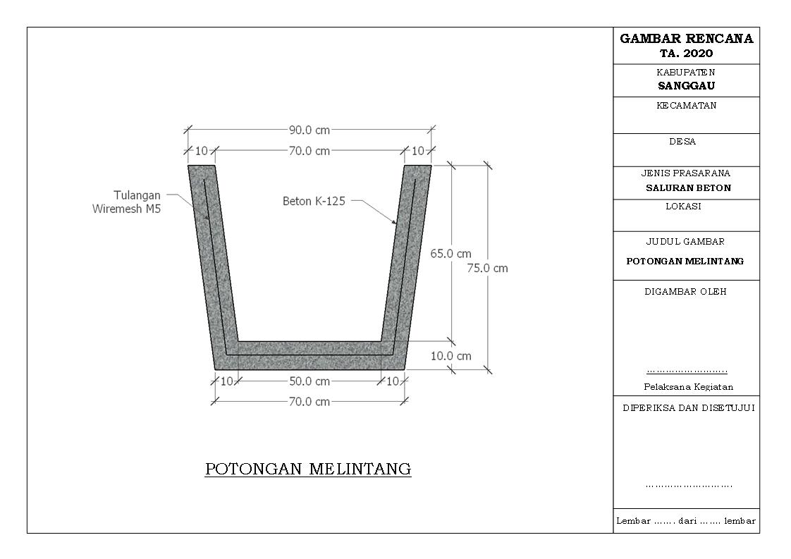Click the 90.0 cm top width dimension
click(x=309, y=130)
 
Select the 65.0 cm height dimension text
click(x=451, y=254)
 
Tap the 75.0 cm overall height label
click(x=487, y=268)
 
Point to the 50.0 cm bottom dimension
click(x=309, y=381)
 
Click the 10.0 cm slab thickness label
click(x=451, y=356)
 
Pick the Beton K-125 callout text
click(x=314, y=201)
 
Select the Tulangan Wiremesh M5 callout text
click(x=127, y=202)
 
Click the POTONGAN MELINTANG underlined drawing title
click(x=308, y=469)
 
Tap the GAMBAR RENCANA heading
click(x=686, y=39)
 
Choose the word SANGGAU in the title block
click(x=686, y=86)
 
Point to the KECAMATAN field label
click(x=686, y=106)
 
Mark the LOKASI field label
click(x=683, y=207)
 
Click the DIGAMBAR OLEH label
click(x=685, y=292)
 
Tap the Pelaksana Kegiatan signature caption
click(x=688, y=387)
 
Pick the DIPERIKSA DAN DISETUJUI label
click(x=688, y=408)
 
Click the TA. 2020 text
click(x=686, y=54)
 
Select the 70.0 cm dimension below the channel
click(x=309, y=402)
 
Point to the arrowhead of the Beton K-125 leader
click(x=395, y=223)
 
